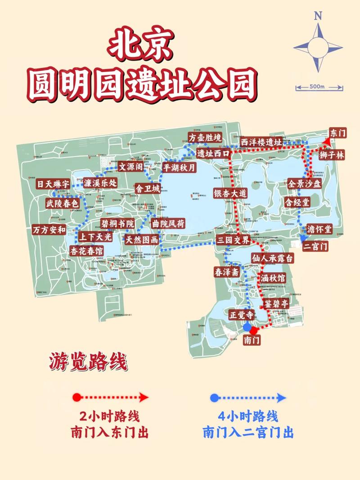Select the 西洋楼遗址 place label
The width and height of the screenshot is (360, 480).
261,142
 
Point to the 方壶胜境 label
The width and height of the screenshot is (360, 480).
205,138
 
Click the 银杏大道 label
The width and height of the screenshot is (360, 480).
230,193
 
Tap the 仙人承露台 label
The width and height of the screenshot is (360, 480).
273,258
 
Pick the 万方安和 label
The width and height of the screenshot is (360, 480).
49,229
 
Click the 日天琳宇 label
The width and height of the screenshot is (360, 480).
53,184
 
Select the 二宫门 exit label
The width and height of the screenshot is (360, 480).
315,247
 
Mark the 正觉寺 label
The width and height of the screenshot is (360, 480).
239,314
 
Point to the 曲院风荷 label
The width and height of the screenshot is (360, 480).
168,224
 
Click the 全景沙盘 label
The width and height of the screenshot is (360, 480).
305,184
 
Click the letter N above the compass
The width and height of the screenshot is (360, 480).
319,16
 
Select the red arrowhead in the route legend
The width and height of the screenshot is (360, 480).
144,397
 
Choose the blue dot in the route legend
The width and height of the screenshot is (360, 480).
214,397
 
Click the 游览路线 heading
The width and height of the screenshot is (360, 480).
88,362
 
